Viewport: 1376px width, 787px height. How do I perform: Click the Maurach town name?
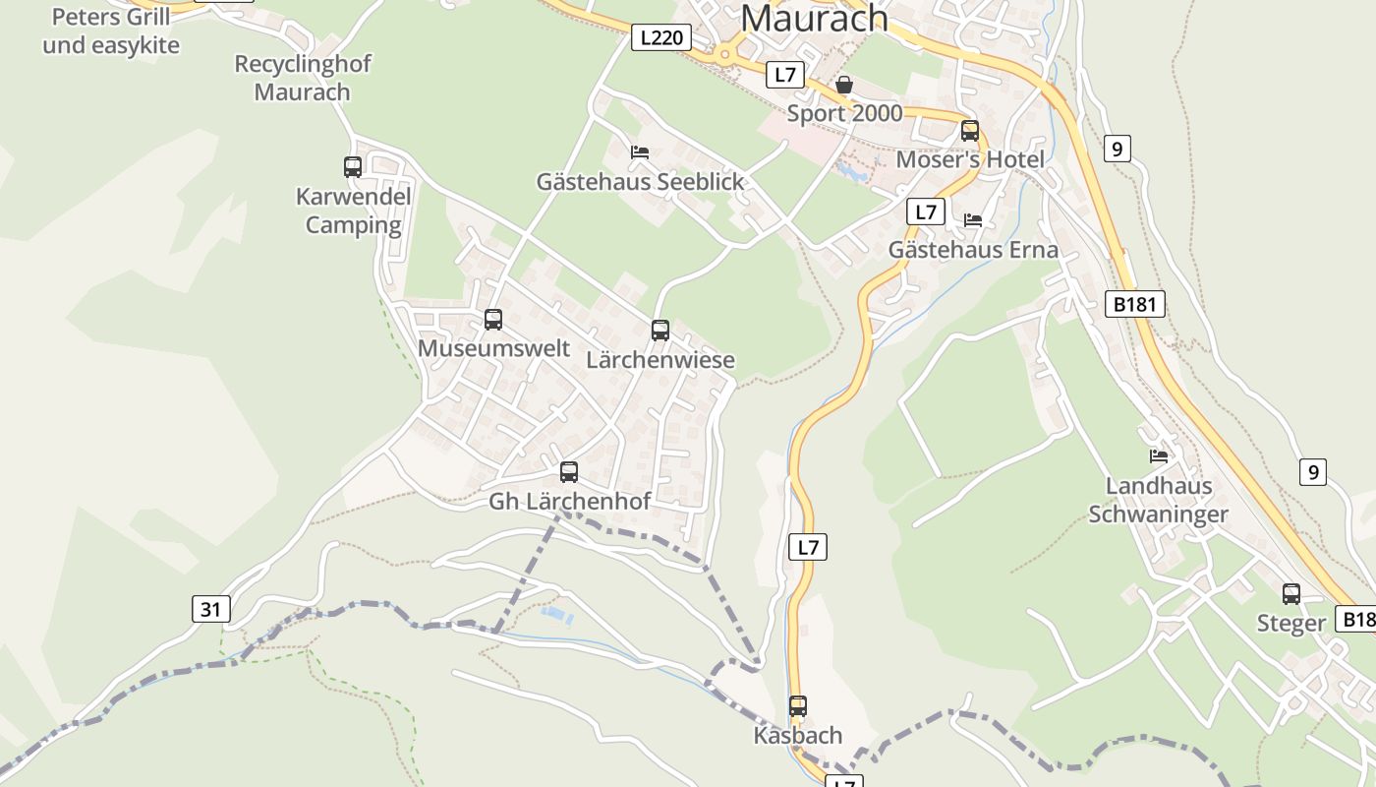click(x=814, y=18)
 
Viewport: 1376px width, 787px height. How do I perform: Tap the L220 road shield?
click(x=659, y=38)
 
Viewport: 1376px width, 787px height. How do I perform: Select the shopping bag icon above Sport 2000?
click(x=844, y=86)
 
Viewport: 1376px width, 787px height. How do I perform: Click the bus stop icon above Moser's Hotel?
click(x=970, y=130)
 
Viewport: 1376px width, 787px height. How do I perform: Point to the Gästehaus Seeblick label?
click(x=640, y=182)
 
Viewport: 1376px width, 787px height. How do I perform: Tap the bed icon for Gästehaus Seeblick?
click(x=640, y=152)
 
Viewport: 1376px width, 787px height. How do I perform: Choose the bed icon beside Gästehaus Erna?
click(x=973, y=220)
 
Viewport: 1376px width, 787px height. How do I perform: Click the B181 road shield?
click(x=1134, y=304)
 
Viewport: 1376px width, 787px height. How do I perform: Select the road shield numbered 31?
click(x=210, y=609)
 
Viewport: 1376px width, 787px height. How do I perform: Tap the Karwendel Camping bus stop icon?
click(x=353, y=167)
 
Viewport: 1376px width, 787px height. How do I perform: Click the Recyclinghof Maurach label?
click(x=303, y=78)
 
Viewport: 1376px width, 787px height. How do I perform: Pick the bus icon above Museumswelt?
click(x=493, y=320)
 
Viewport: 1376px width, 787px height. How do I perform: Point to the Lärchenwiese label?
click(x=660, y=360)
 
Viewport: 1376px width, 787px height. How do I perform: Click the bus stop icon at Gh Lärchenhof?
click(x=569, y=472)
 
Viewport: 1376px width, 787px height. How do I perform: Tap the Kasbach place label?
click(x=798, y=736)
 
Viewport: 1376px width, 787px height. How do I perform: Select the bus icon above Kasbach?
click(x=798, y=706)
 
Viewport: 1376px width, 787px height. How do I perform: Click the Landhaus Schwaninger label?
click(x=1159, y=500)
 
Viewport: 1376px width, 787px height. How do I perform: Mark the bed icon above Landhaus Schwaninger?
click(x=1159, y=456)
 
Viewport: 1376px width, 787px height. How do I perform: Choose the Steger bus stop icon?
click(x=1291, y=594)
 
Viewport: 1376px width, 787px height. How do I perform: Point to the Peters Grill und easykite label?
click(x=110, y=30)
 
